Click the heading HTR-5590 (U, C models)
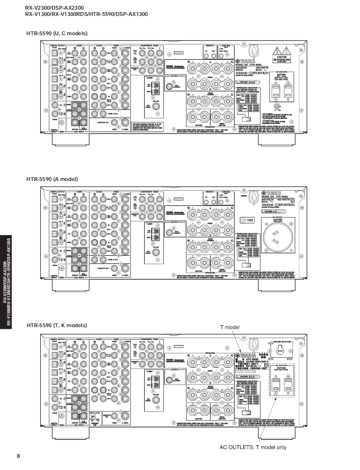coord(57,33)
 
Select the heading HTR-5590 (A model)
coord(52,179)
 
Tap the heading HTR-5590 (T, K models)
coord(57,325)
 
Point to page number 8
coord(18,456)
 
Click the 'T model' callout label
coord(229,327)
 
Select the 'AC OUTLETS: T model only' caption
coord(253,447)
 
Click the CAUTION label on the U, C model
coord(281,57)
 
